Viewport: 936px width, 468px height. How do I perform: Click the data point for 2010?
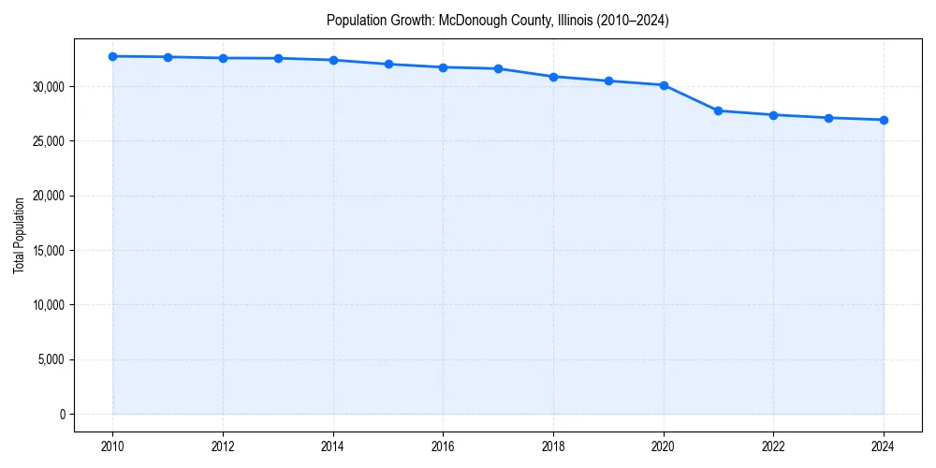coord(112,56)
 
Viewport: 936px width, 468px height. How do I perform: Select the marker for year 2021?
coord(718,110)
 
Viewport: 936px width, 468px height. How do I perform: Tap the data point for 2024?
coord(884,120)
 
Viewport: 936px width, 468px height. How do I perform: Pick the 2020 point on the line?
coord(664,85)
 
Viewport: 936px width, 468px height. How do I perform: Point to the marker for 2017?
coord(498,68)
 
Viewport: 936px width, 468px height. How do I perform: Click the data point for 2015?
coord(388,64)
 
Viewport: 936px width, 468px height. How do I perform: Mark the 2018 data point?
coord(553,77)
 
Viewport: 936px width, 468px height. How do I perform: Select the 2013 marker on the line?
coord(278,58)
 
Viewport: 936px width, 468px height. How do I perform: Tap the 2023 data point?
coord(828,118)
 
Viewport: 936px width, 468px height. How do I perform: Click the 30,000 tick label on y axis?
coord(46,87)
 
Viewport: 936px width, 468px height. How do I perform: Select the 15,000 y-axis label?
coord(46,251)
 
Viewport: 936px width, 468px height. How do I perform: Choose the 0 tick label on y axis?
coord(62,414)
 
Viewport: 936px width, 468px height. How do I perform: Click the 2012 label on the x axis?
coord(223,446)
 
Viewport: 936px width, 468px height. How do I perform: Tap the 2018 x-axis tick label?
coord(553,446)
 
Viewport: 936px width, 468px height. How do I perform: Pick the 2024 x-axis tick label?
coord(884,446)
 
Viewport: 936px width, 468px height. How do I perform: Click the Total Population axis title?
coord(19,235)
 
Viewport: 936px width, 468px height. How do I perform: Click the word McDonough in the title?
coord(472,20)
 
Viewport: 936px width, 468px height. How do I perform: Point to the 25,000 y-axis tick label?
coord(46,141)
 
